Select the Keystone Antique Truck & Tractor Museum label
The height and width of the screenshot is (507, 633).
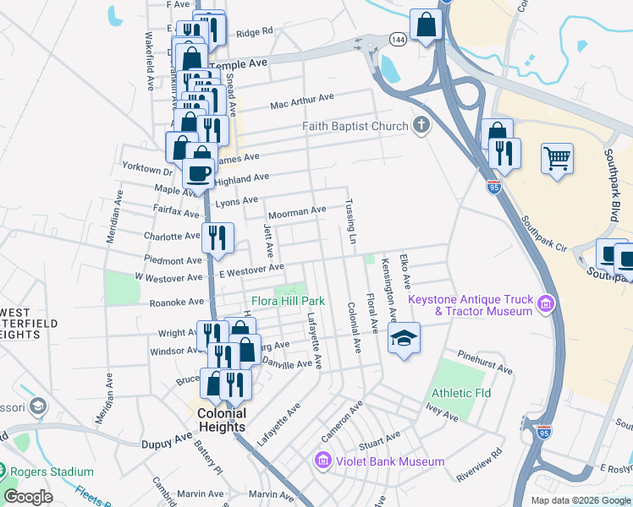click(471, 305)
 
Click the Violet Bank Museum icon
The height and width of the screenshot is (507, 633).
click(322, 461)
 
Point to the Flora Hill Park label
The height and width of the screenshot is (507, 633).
click(288, 301)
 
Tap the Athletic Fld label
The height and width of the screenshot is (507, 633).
click(457, 394)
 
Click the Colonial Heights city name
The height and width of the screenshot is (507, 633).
click(222, 420)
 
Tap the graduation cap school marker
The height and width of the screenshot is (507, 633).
click(405, 339)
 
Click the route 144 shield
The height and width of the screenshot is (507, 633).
click(398, 39)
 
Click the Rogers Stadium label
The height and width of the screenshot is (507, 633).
click(58, 472)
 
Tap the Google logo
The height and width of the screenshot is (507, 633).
click(29, 497)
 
